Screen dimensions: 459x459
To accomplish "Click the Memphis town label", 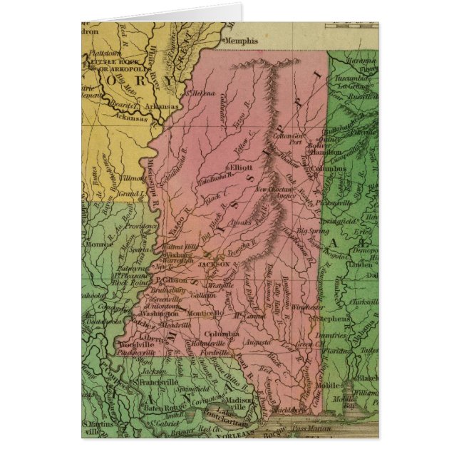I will coord(240,42).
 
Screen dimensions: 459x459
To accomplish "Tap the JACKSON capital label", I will coord(214,263).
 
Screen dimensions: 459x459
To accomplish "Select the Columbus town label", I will coord(329,169).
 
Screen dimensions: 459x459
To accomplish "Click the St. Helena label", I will coord(200,93).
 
